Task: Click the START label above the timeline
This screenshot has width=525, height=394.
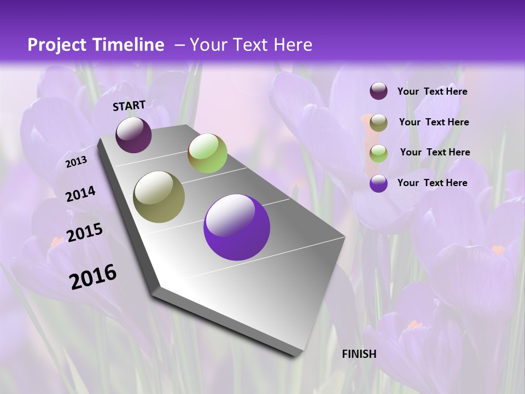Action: click(x=129, y=106)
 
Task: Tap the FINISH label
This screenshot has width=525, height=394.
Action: click(x=359, y=354)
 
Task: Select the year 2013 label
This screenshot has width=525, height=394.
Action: click(x=77, y=162)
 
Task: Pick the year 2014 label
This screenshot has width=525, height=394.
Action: click(x=81, y=194)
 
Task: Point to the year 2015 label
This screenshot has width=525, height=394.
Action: click(x=85, y=233)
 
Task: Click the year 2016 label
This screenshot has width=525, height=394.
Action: click(x=93, y=276)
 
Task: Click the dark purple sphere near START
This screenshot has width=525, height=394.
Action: click(x=133, y=135)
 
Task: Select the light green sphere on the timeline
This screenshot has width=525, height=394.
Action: click(x=207, y=153)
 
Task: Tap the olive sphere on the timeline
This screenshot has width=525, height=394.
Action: click(x=159, y=197)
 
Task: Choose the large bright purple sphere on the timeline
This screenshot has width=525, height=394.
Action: click(x=237, y=227)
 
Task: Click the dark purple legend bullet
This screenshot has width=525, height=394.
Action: click(x=378, y=91)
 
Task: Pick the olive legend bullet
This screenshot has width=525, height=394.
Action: click(x=378, y=123)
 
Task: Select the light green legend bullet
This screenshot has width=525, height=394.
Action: click(x=378, y=153)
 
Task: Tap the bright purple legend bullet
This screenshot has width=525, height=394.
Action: click(x=378, y=183)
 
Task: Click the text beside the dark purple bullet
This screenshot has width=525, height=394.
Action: click(x=432, y=91)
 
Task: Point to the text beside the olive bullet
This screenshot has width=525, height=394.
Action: click(x=434, y=122)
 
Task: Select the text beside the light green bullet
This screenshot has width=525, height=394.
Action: click(x=435, y=152)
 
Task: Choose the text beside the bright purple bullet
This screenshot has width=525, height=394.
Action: click(x=432, y=183)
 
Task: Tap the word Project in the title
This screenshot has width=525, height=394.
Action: click(x=57, y=45)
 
